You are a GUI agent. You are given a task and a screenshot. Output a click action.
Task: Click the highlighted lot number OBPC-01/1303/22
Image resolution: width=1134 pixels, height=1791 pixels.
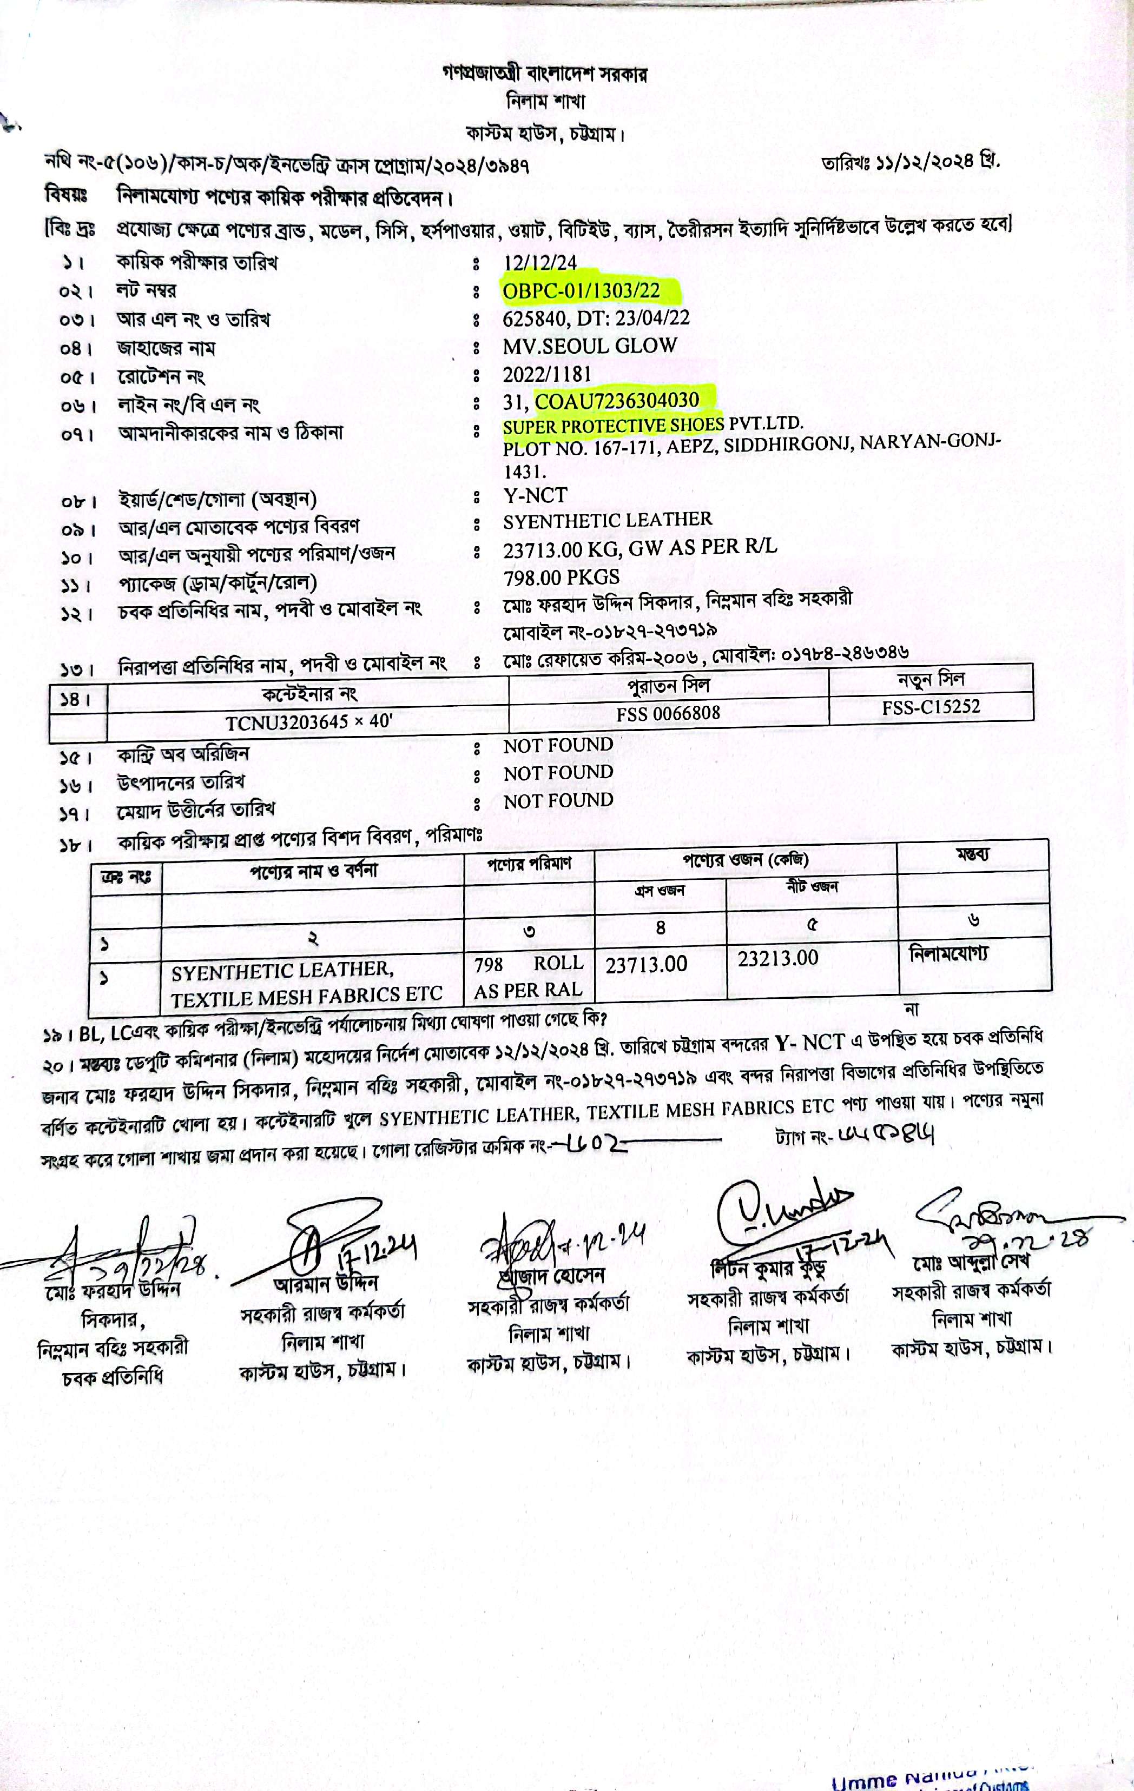(581, 290)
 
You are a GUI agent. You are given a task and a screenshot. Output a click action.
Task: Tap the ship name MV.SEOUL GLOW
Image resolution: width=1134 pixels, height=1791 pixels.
(589, 346)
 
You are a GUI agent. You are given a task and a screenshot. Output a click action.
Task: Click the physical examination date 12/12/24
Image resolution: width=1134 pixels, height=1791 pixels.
(539, 263)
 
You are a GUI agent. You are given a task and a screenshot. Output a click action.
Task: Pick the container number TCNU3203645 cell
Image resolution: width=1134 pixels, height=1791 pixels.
(309, 721)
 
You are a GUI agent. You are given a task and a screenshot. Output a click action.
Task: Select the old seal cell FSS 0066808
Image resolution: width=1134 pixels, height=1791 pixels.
(668, 713)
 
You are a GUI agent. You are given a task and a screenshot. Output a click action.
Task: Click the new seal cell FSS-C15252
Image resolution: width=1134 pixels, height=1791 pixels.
(931, 707)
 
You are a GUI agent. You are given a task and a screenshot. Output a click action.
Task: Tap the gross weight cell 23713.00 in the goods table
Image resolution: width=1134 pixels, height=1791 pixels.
(646, 965)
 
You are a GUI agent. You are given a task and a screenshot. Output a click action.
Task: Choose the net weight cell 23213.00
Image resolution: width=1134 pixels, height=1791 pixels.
(777, 958)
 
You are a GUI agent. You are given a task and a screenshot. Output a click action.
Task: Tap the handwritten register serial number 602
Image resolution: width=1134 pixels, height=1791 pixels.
(595, 1143)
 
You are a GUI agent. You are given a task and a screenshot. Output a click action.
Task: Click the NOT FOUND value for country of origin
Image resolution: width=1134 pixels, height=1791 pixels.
(558, 745)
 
